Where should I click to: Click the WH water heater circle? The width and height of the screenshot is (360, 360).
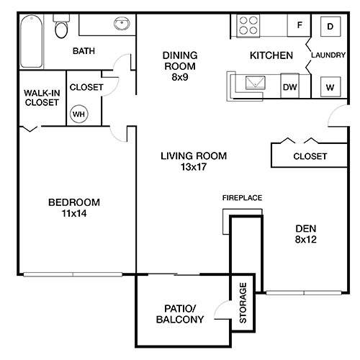78,113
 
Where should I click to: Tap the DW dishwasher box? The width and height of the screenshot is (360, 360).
289,86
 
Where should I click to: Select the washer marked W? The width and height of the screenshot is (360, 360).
330,86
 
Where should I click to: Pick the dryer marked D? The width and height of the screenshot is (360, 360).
330,27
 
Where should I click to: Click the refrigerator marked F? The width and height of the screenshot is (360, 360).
297,27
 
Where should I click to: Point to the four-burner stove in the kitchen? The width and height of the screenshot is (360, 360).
248,27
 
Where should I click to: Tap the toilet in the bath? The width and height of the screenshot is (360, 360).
60,30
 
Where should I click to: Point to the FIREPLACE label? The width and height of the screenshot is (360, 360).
241,197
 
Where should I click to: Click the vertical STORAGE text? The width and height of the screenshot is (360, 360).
243,302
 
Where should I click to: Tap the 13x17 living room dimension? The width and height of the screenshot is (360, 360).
184,168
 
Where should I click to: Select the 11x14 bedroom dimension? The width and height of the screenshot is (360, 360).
73,215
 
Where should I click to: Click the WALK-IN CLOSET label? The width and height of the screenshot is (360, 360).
41,98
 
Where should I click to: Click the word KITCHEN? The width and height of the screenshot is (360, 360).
271,55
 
